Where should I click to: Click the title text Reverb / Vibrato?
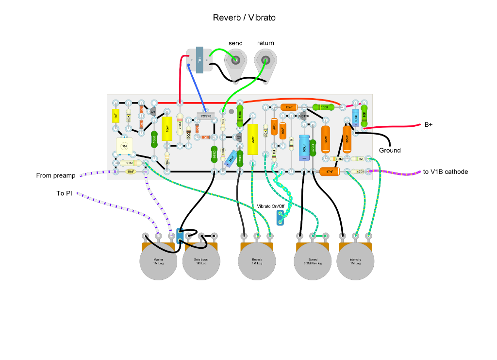tap(244, 18)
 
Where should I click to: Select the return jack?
tap(265, 61)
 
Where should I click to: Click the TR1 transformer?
tap(199, 60)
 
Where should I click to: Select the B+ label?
tap(429, 125)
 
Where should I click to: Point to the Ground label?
tap(390, 151)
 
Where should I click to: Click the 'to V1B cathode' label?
tap(445, 171)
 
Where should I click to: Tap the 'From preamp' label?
tap(56, 175)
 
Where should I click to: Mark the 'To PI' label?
tap(64, 193)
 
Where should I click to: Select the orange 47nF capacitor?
tap(330, 171)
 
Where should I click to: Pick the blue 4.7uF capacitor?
tap(355, 117)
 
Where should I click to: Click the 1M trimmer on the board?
tap(124, 146)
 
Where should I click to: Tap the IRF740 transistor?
tap(206, 117)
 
